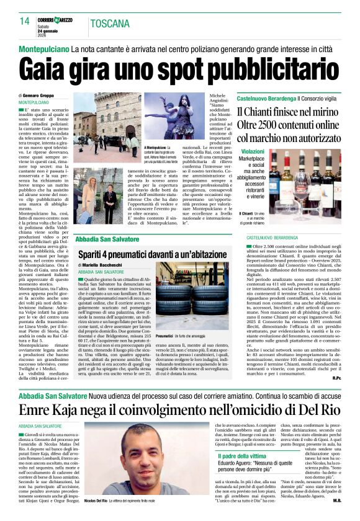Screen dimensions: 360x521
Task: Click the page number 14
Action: point(25,22)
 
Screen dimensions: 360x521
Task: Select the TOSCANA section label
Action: point(110,24)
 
